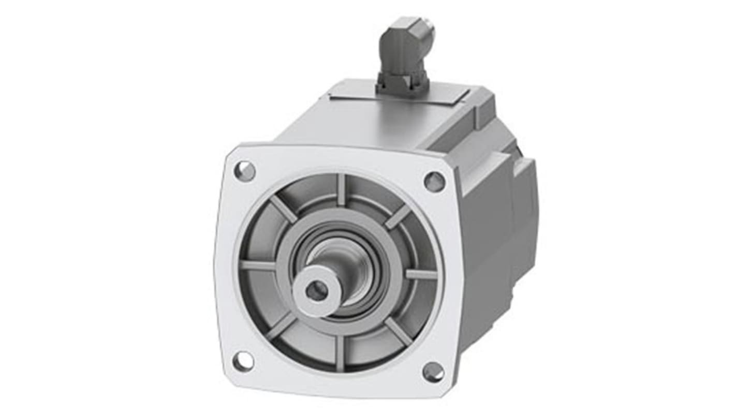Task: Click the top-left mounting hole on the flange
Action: [x=244, y=171]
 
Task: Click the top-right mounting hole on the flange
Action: [x=434, y=182]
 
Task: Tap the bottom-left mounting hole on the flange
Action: [x=243, y=361]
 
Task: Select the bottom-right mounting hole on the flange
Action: [x=433, y=372]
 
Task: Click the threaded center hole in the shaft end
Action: [x=316, y=290]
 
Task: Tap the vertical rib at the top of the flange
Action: [x=341, y=190]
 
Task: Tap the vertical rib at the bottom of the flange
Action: [x=340, y=352]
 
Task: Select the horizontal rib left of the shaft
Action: [x=258, y=265]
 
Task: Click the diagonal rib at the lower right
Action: [x=398, y=331]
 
